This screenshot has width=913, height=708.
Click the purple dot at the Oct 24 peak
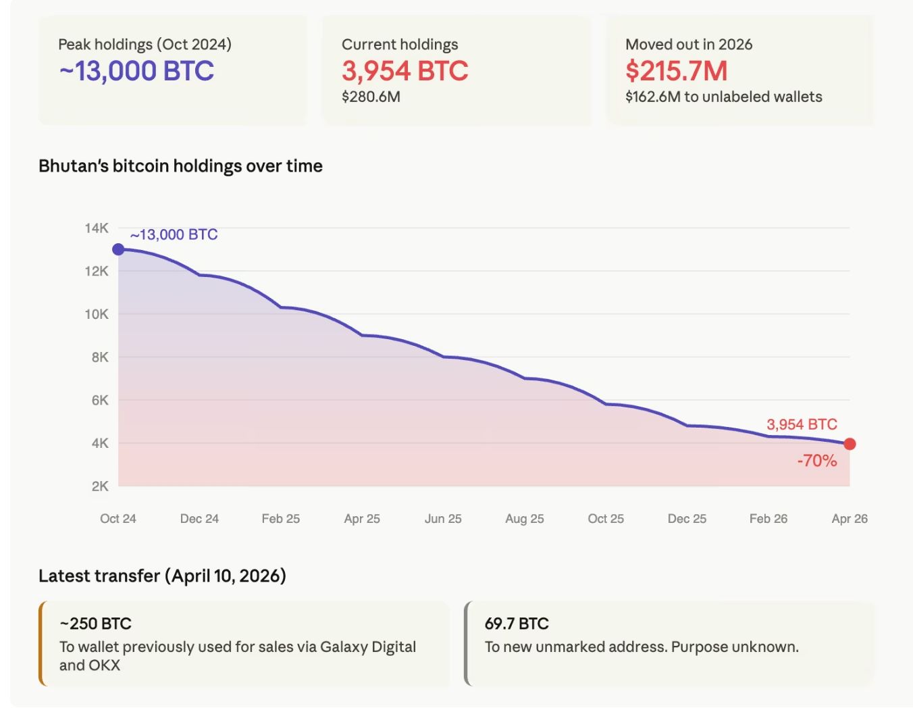point(118,249)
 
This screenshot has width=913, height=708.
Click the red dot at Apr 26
point(850,444)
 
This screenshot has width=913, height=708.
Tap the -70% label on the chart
point(816,461)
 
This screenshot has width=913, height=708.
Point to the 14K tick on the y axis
point(97,228)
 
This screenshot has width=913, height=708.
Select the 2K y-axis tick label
point(100,486)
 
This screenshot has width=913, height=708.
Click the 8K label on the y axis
point(100,357)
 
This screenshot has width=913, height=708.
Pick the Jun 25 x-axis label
point(443,519)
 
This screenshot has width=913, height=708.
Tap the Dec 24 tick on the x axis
point(199,519)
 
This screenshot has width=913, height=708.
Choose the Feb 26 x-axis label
point(768,519)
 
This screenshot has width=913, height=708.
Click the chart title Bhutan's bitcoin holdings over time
point(180,166)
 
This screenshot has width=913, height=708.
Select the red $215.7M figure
point(676,71)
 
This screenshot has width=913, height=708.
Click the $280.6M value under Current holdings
point(371,97)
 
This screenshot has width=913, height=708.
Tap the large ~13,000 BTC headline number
point(136,71)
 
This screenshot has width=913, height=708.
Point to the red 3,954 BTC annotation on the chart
point(802,424)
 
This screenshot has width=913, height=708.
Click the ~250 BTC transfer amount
point(95,624)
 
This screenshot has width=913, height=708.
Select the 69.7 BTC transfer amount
point(517,624)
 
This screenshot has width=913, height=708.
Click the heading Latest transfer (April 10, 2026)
point(162,576)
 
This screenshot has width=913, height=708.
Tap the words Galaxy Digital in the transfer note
point(368,647)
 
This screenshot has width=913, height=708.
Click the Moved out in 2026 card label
point(689,45)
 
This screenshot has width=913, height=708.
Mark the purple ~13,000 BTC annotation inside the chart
point(174,234)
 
